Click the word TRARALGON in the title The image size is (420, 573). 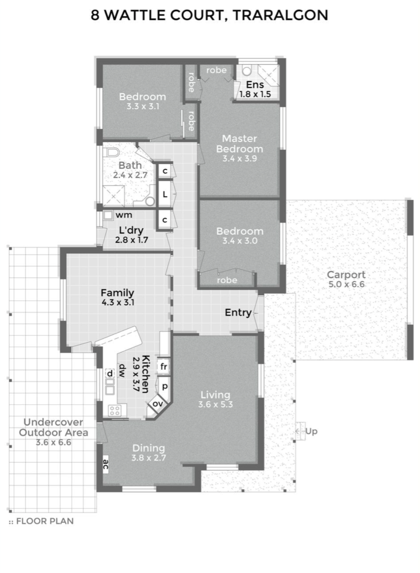tap(280, 15)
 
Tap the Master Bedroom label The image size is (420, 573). tap(240, 144)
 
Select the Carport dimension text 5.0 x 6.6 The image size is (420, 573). tap(346, 284)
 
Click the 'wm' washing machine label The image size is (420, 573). tap(124, 215)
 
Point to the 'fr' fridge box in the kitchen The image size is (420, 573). tap(164, 367)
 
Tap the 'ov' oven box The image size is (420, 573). tap(157, 404)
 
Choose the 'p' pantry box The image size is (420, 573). tap(165, 387)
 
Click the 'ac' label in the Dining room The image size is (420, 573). tap(106, 464)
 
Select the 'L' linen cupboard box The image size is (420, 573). tap(165, 194)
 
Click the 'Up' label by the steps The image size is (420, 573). tap(311, 431)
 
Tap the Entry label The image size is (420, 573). tap(238, 312)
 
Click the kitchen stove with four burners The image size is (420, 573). tap(115, 410)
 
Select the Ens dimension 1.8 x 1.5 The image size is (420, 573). tap(255, 94)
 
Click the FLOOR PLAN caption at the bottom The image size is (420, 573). tap(45, 521)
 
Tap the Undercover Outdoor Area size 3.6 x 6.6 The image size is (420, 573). tap(53, 442)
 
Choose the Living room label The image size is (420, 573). tap(215, 395)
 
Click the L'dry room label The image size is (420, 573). tap(131, 230)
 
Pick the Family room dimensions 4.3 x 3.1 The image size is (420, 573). tap(118, 303)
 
